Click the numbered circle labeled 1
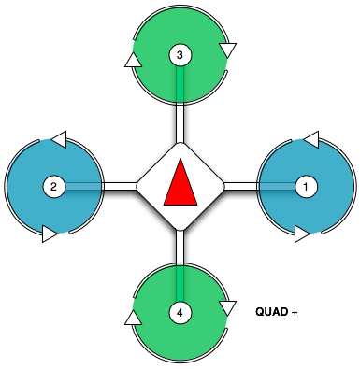[x=303, y=187]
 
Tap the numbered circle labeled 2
[x=54, y=187]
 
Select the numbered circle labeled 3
[x=180, y=56]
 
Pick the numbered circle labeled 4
[x=180, y=312]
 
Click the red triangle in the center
[x=180, y=182]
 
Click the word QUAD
[x=270, y=311]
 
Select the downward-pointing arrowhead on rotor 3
[x=226, y=49]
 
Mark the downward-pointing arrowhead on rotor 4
[x=226, y=307]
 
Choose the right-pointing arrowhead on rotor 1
[x=301, y=234]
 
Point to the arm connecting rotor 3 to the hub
[x=180, y=125]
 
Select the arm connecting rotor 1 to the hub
[x=238, y=187]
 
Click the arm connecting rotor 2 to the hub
[x=120, y=187]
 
